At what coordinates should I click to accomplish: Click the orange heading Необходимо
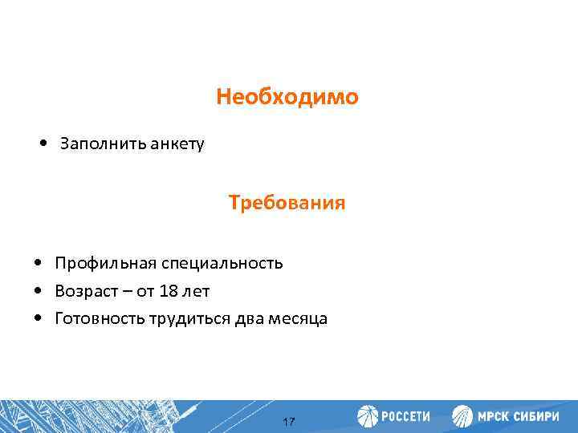click(x=287, y=98)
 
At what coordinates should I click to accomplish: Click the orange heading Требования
click(x=287, y=203)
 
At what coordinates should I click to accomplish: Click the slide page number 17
click(x=290, y=422)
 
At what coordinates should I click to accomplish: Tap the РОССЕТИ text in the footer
click(x=405, y=416)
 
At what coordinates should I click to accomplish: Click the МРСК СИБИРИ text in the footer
click(x=521, y=416)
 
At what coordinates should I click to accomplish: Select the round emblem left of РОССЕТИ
click(x=368, y=416)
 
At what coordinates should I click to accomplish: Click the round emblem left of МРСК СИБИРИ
click(x=463, y=416)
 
